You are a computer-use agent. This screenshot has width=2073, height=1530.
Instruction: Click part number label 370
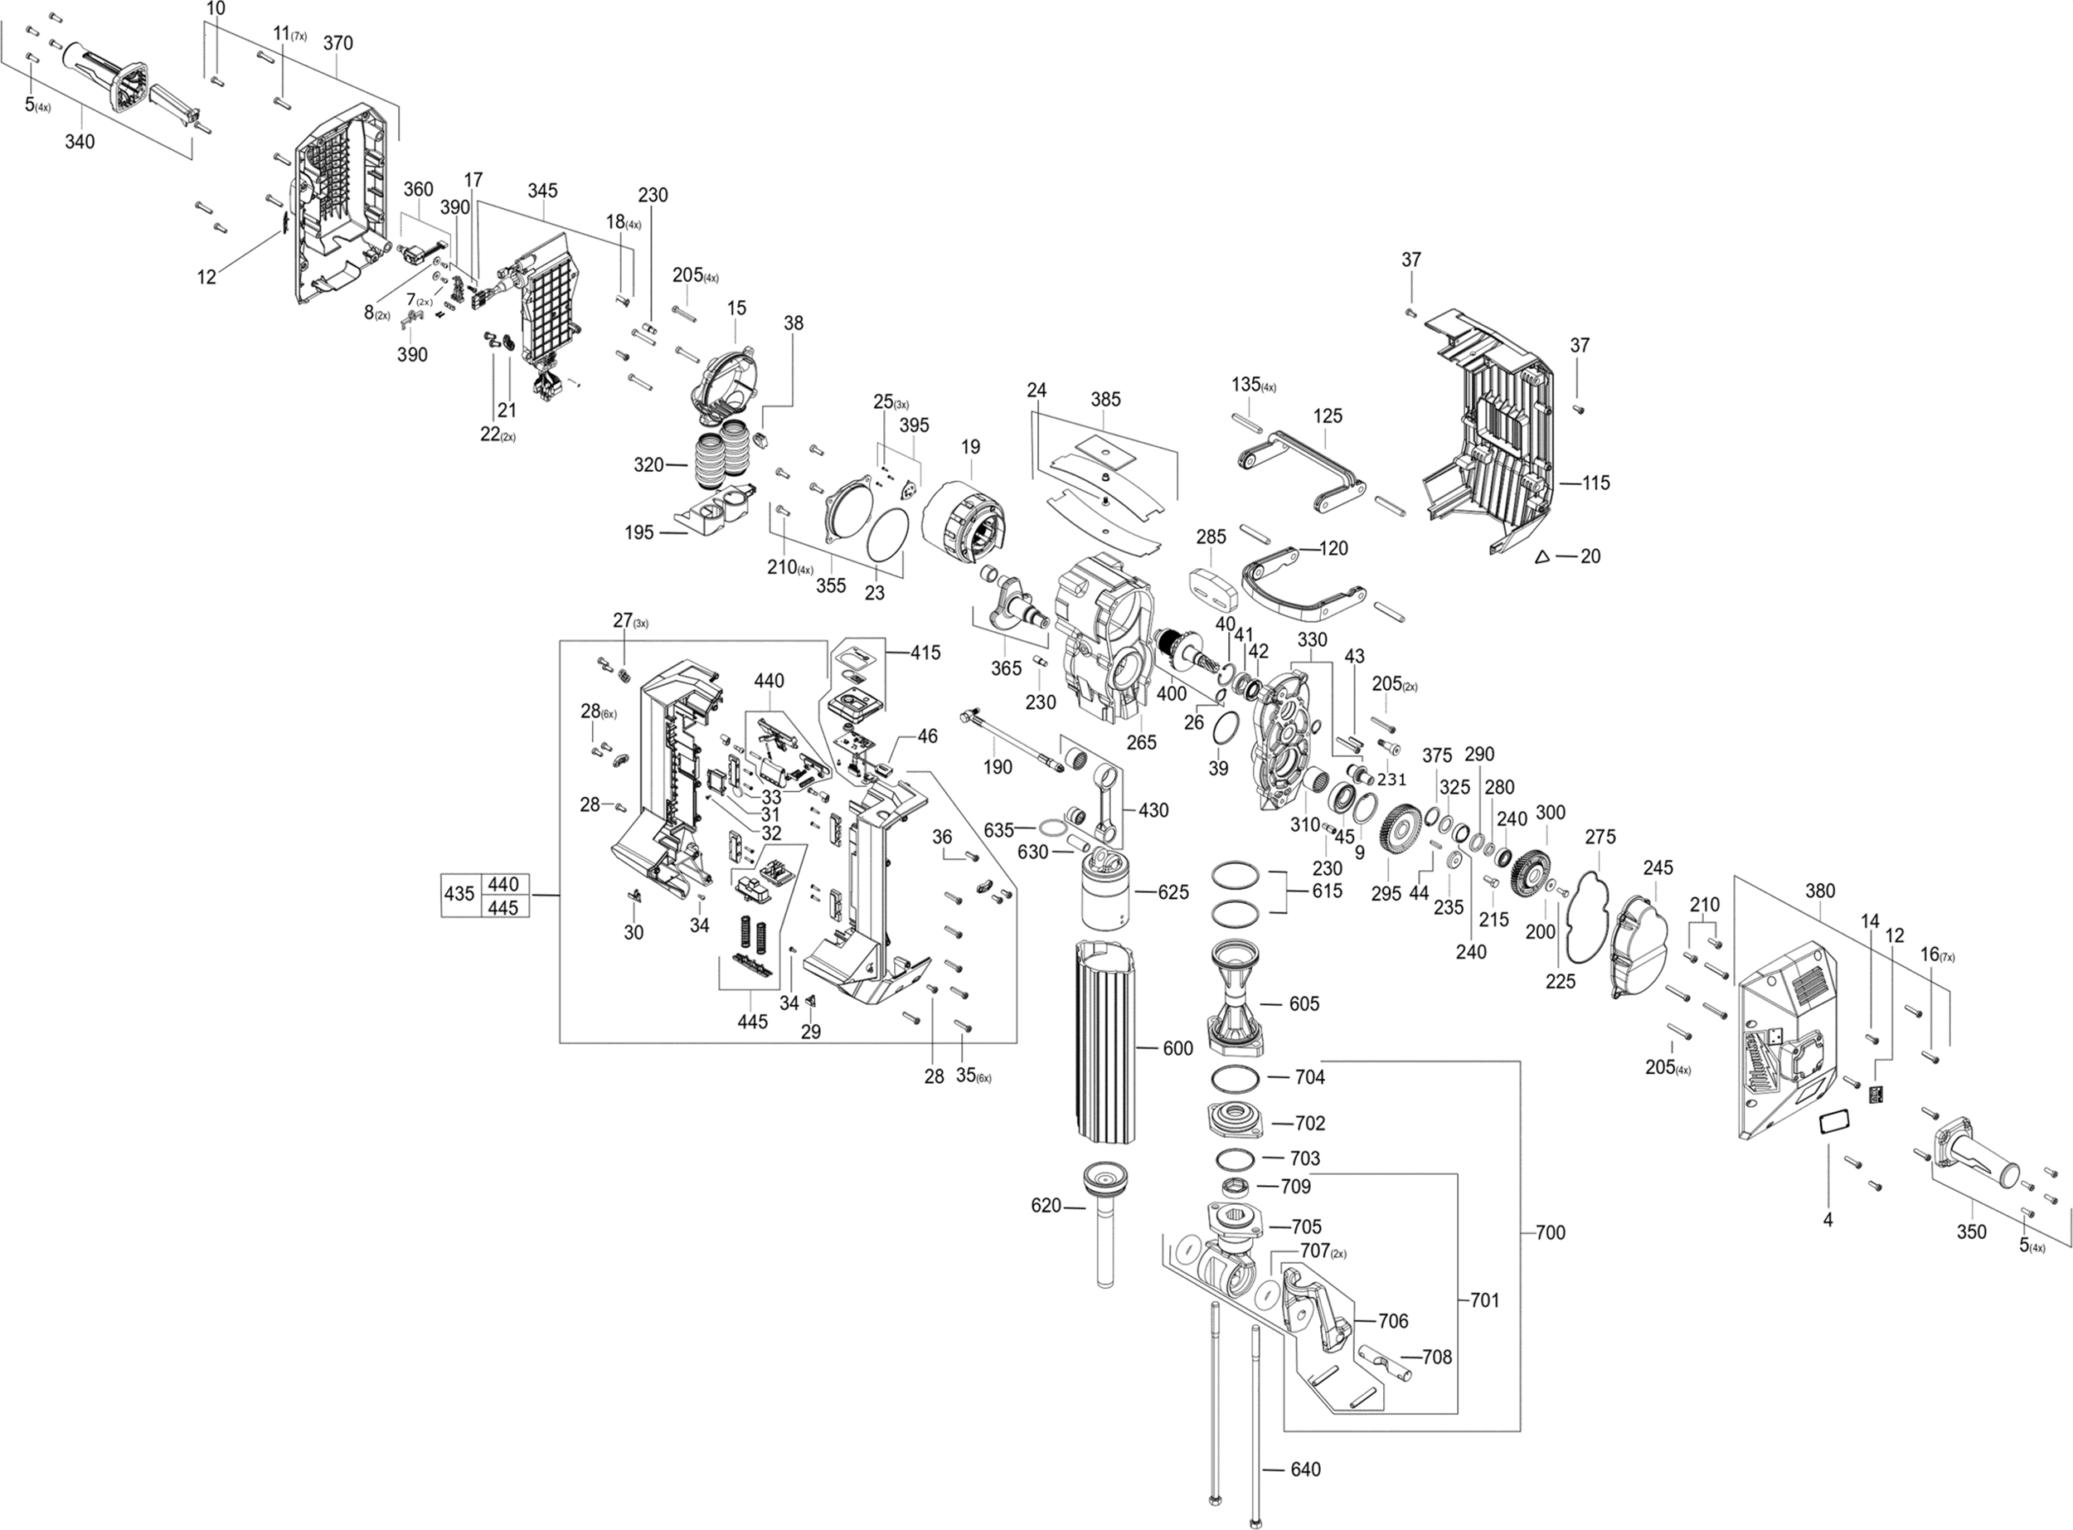point(338,43)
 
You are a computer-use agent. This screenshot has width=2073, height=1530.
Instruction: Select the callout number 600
point(1177,1048)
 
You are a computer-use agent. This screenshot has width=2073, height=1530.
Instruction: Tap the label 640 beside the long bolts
point(1305,1469)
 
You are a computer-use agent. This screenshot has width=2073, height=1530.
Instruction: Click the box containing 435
point(460,894)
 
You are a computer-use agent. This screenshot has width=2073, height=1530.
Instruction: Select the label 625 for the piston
point(1173,893)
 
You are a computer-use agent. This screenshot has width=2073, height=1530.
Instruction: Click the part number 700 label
point(1550,1232)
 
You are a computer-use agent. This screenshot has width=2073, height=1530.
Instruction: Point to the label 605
point(1304,1004)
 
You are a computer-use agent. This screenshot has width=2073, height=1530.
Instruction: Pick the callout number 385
point(1105,399)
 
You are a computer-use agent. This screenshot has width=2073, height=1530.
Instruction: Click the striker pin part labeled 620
point(1104,1223)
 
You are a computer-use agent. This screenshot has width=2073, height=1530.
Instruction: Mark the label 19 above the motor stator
point(970,447)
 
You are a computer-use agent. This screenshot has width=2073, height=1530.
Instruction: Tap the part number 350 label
point(1971,1231)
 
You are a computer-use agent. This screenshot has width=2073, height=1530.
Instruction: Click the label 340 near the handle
point(80,142)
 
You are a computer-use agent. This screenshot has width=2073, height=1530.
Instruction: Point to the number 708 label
point(1436,1357)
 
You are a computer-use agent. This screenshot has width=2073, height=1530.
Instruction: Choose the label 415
point(925,653)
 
